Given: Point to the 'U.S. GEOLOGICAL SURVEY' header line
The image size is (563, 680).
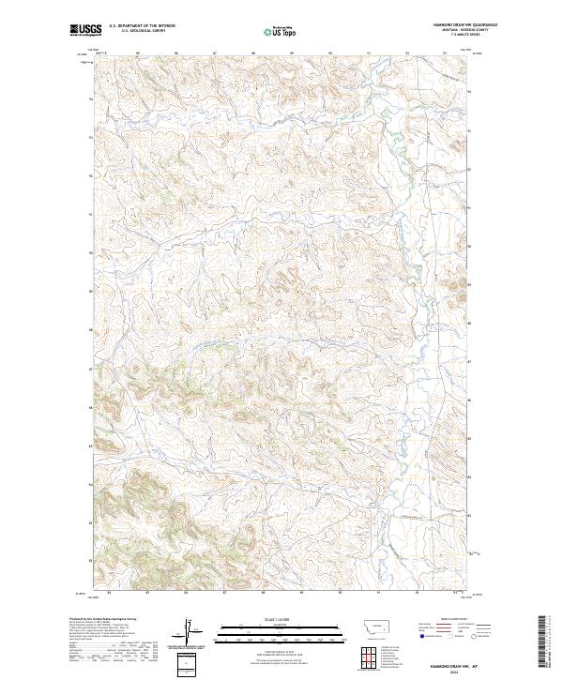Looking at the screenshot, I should click(142, 31).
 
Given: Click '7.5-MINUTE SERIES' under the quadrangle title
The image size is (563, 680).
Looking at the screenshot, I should click(466, 37).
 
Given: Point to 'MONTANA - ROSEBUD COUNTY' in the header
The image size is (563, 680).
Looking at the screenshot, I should click(466, 31).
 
